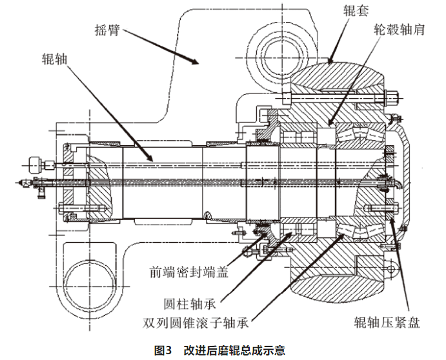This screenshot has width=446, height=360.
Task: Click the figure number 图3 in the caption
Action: tap(161, 350)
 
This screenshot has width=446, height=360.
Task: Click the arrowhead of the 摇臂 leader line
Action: tap(196, 63)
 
